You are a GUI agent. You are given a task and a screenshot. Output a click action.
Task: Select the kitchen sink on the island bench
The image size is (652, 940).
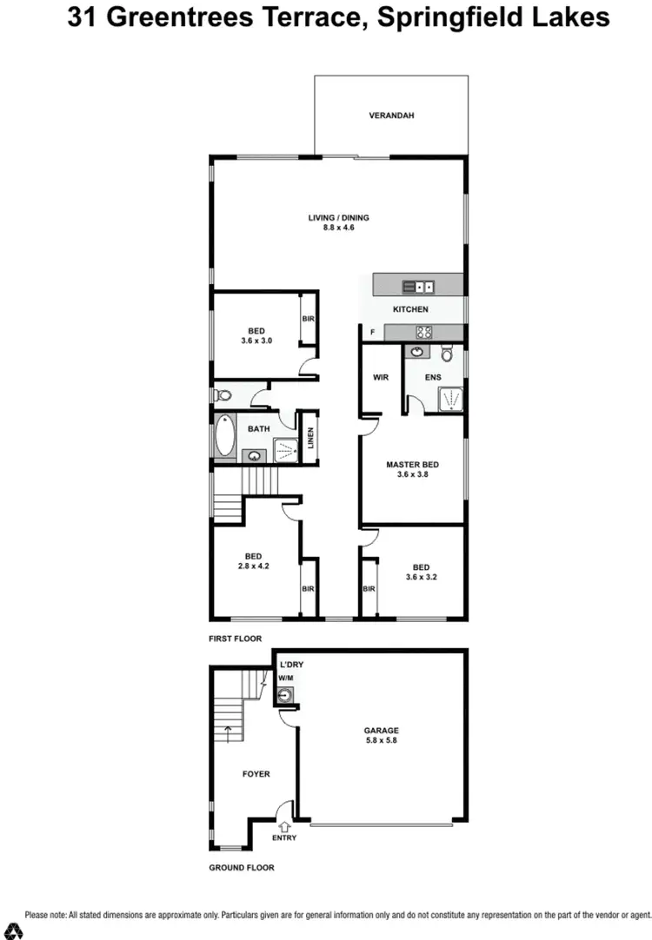(418, 286)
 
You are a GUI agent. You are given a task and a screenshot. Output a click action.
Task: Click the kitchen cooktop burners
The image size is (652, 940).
(423, 331)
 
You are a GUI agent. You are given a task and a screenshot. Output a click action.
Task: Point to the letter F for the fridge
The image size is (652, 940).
(373, 331)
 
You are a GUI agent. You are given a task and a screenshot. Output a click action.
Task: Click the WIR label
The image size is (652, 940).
(380, 378)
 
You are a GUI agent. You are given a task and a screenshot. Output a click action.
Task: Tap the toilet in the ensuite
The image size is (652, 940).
(447, 353)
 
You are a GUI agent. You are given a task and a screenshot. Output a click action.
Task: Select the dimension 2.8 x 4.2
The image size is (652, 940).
(254, 566)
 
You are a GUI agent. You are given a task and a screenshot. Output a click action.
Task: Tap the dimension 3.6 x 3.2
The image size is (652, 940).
(422, 576)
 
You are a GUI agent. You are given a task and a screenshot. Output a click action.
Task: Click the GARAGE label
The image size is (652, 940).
(383, 731)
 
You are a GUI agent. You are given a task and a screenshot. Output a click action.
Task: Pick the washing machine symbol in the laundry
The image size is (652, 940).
(284, 694)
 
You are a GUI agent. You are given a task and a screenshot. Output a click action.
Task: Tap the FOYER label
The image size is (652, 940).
(256, 773)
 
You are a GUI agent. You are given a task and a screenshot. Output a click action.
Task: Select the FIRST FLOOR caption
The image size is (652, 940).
(235, 638)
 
